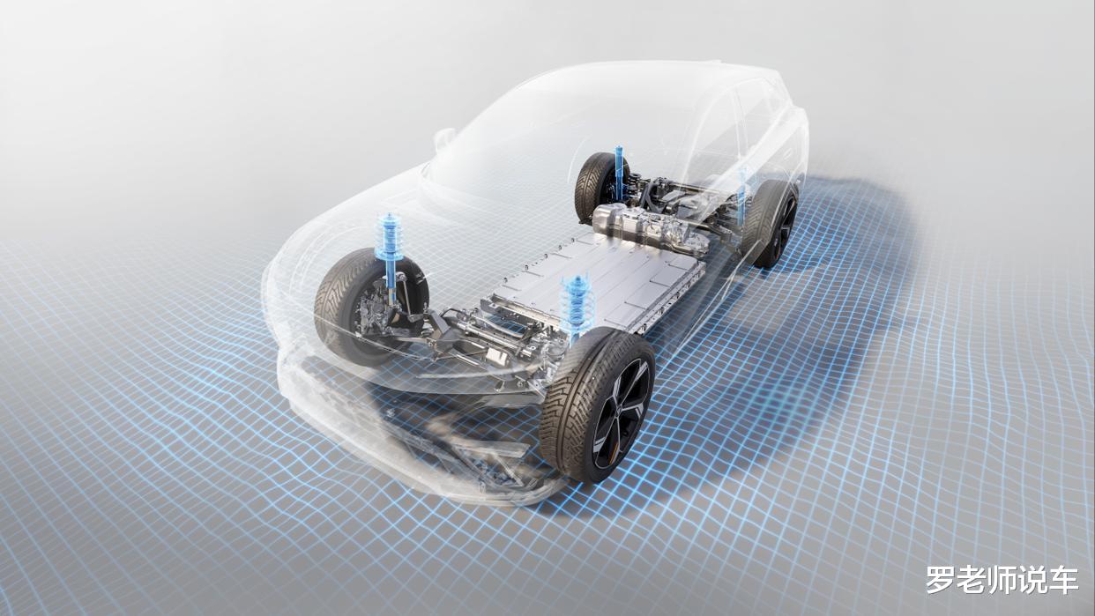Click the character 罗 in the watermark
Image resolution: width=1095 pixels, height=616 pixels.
pos(942,580)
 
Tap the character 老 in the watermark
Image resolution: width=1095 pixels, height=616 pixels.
pos(972,580)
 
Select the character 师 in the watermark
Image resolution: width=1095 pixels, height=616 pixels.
pos(1002,580)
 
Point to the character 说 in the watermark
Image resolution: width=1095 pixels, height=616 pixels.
pos(1032,580)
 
